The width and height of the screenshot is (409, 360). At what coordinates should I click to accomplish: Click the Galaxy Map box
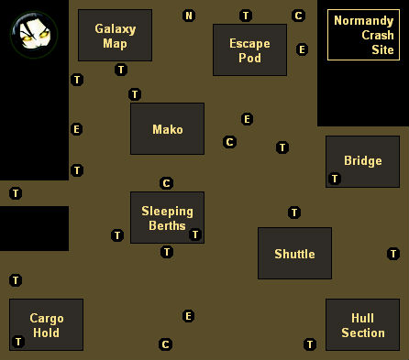(115, 36)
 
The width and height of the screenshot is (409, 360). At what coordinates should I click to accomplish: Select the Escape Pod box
(249, 49)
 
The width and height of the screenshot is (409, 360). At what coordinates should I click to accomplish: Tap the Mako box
(167, 128)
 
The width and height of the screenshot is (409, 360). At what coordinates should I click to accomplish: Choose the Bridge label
(362, 161)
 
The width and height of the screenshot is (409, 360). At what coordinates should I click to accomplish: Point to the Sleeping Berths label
(167, 218)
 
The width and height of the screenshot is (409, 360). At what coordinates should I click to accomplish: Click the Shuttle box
(294, 253)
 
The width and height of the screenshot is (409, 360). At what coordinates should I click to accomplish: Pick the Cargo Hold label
(46, 325)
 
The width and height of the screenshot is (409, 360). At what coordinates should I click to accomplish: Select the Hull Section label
(362, 325)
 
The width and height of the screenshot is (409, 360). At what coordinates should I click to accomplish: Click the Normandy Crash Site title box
(363, 35)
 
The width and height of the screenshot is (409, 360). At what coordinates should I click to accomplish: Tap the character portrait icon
(34, 34)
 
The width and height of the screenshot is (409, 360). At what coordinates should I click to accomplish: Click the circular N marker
(189, 16)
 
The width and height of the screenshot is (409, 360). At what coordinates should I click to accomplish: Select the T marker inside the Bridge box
(335, 179)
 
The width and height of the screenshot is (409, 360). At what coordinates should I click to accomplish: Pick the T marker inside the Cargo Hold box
(18, 342)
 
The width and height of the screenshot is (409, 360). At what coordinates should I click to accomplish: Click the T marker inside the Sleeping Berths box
(195, 235)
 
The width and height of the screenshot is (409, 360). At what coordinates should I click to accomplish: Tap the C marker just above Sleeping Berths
(166, 183)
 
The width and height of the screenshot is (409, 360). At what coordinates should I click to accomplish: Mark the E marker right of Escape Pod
(303, 49)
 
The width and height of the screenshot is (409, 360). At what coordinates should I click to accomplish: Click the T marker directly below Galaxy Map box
(121, 70)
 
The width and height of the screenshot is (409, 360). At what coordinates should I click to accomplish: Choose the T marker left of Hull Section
(310, 344)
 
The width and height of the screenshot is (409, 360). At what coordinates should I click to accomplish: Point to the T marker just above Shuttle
(294, 213)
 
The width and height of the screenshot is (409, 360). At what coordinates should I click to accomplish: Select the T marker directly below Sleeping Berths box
(167, 252)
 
